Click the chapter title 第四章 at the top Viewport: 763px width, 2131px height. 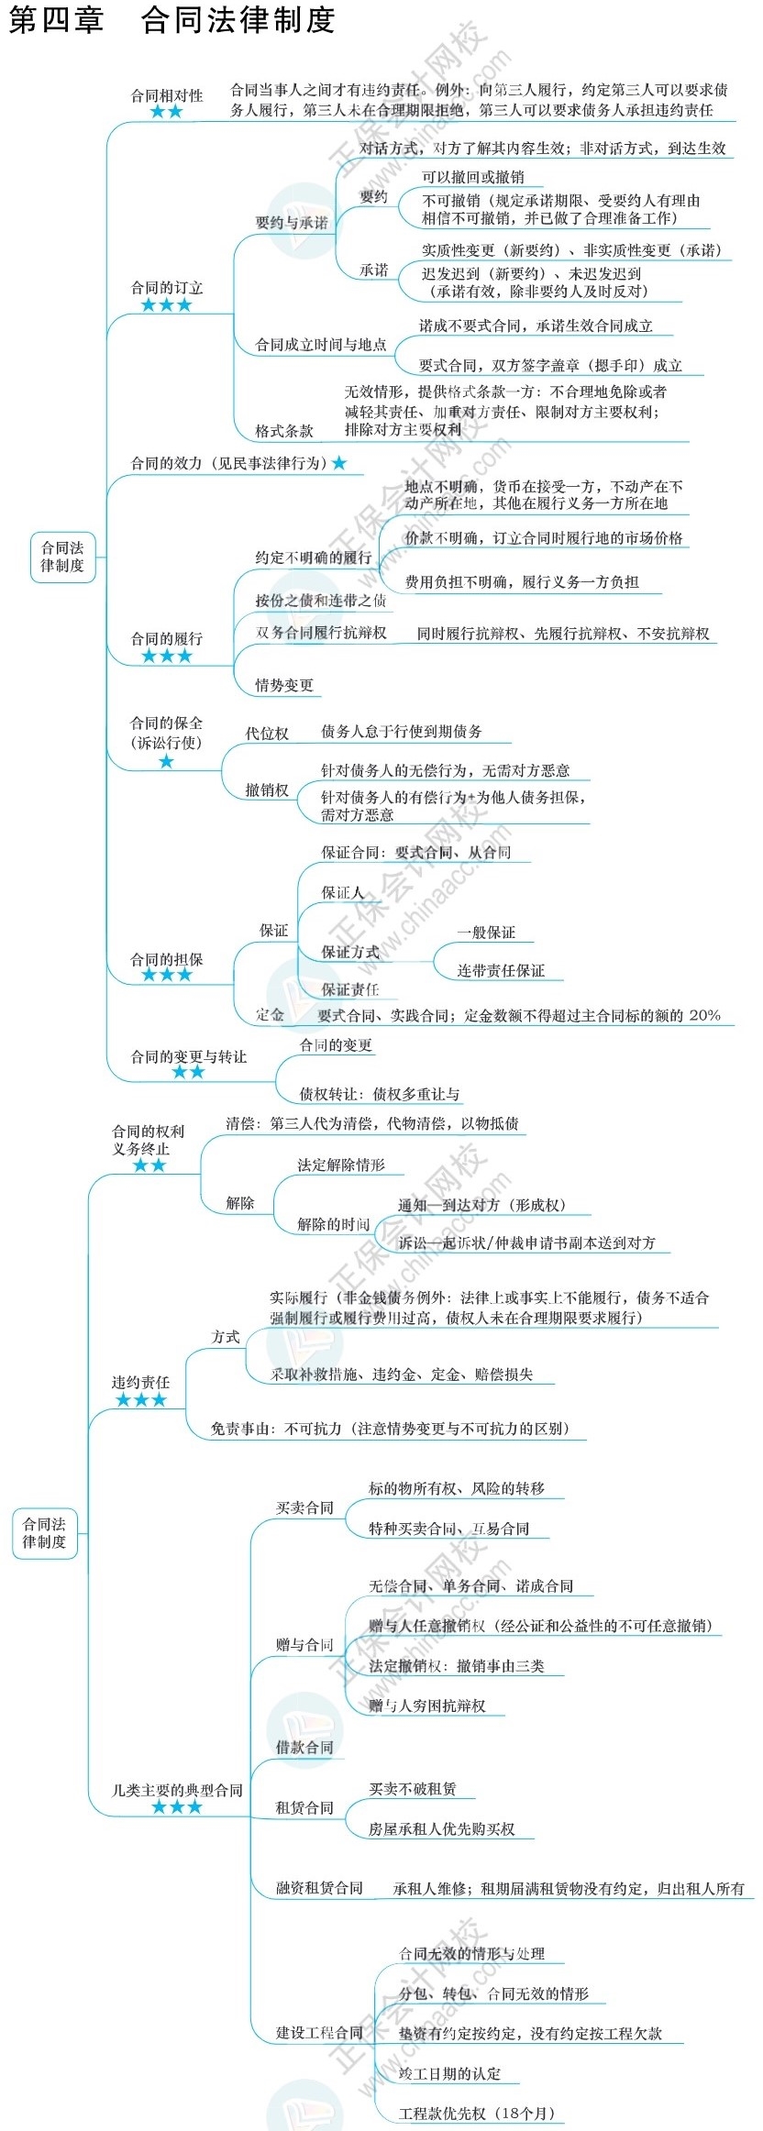pos(56,20)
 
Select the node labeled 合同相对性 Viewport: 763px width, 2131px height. pos(166,95)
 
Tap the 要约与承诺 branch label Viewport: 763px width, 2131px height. pos(291,222)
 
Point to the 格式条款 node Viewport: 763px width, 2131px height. pos(283,430)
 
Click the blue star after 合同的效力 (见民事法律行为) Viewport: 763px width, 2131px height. pos(339,464)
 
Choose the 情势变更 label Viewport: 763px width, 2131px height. pos(283,685)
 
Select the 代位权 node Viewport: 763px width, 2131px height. pos(266,733)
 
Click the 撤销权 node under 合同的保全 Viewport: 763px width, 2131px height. pos(266,789)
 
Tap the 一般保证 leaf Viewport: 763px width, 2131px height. pos(486,933)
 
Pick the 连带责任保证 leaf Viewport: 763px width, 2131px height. pos(501,970)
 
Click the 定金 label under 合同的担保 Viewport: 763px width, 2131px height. pos(270,1014)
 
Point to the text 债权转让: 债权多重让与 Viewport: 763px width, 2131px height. pos(380,1093)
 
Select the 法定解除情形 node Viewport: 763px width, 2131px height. pos(340,1165)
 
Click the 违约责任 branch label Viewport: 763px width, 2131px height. pos(140,1382)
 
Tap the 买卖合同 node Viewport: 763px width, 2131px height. pos(304,1507)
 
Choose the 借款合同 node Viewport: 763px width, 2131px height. pos(304,1747)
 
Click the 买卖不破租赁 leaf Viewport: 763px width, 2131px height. pos(412,1788)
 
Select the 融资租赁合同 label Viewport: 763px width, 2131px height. pos(319,1888)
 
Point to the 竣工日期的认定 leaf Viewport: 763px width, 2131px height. pos(449,2073)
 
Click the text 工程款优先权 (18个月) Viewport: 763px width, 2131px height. pos(477,2113)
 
